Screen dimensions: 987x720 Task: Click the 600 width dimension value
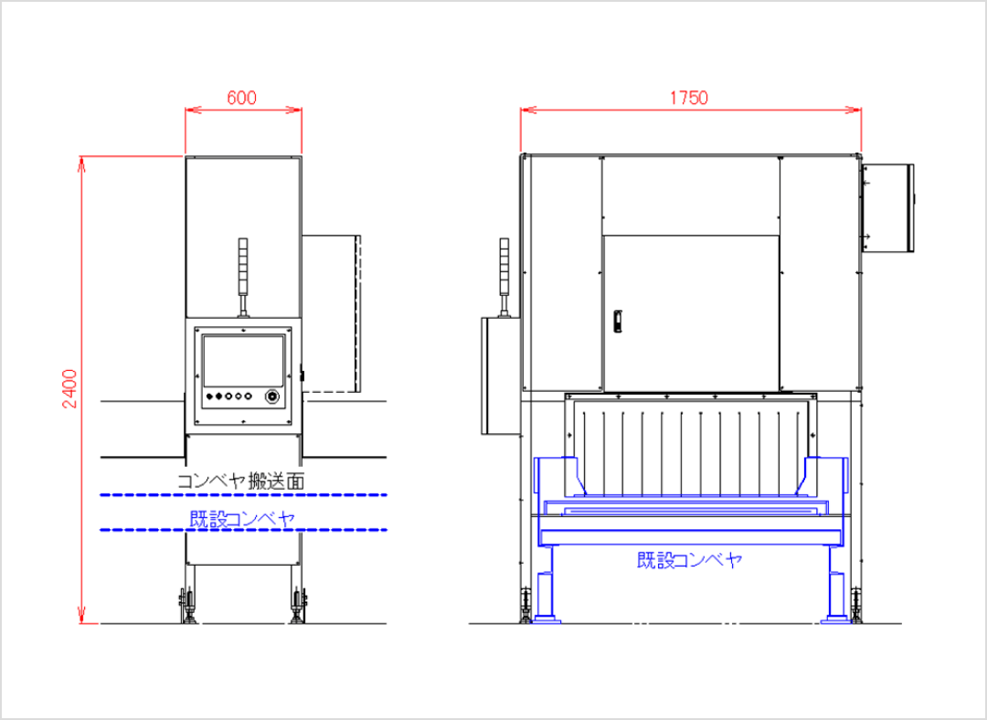click(x=241, y=98)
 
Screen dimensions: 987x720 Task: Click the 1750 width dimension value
click(x=689, y=98)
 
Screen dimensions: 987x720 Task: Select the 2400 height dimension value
click(x=69, y=389)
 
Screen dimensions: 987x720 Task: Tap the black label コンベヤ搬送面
click(x=241, y=482)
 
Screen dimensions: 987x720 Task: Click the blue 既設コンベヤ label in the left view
click(x=242, y=519)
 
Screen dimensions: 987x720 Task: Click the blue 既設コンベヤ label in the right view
click(x=690, y=560)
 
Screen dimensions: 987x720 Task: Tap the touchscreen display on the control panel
click(x=243, y=361)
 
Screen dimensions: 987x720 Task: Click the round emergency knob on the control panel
click(x=272, y=397)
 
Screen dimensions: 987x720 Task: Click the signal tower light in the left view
click(x=243, y=277)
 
